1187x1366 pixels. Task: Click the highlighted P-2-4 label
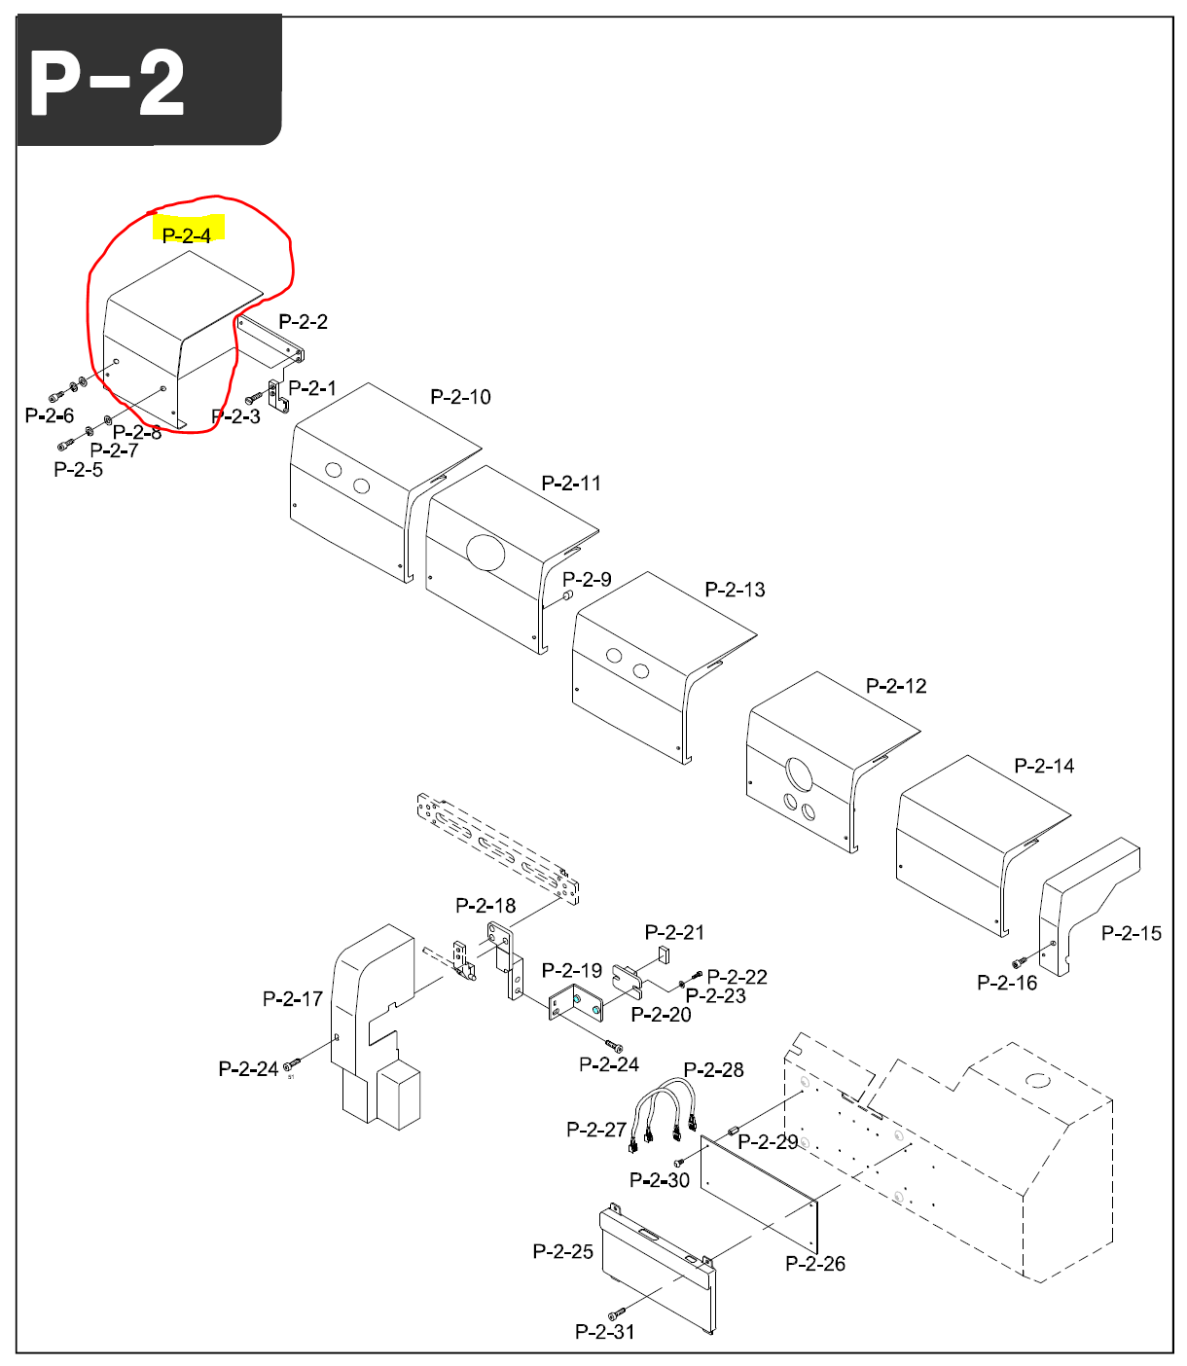(x=187, y=234)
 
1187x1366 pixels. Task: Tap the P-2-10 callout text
(x=460, y=397)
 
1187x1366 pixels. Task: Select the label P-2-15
(x=1131, y=933)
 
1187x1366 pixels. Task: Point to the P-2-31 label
(x=604, y=1331)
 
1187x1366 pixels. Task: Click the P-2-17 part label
(x=292, y=998)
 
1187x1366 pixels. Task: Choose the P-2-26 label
(x=815, y=1263)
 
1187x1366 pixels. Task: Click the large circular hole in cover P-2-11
(x=486, y=552)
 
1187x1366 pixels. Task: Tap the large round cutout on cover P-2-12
(x=799, y=775)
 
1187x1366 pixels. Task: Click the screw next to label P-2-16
(x=1020, y=963)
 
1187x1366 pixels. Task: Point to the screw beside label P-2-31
(x=614, y=1315)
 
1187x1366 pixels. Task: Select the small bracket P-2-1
(x=278, y=394)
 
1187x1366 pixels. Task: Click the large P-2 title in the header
(x=107, y=84)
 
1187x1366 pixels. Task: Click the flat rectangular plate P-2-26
(x=759, y=1192)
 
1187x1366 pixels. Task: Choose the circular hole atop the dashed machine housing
(x=1038, y=1080)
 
